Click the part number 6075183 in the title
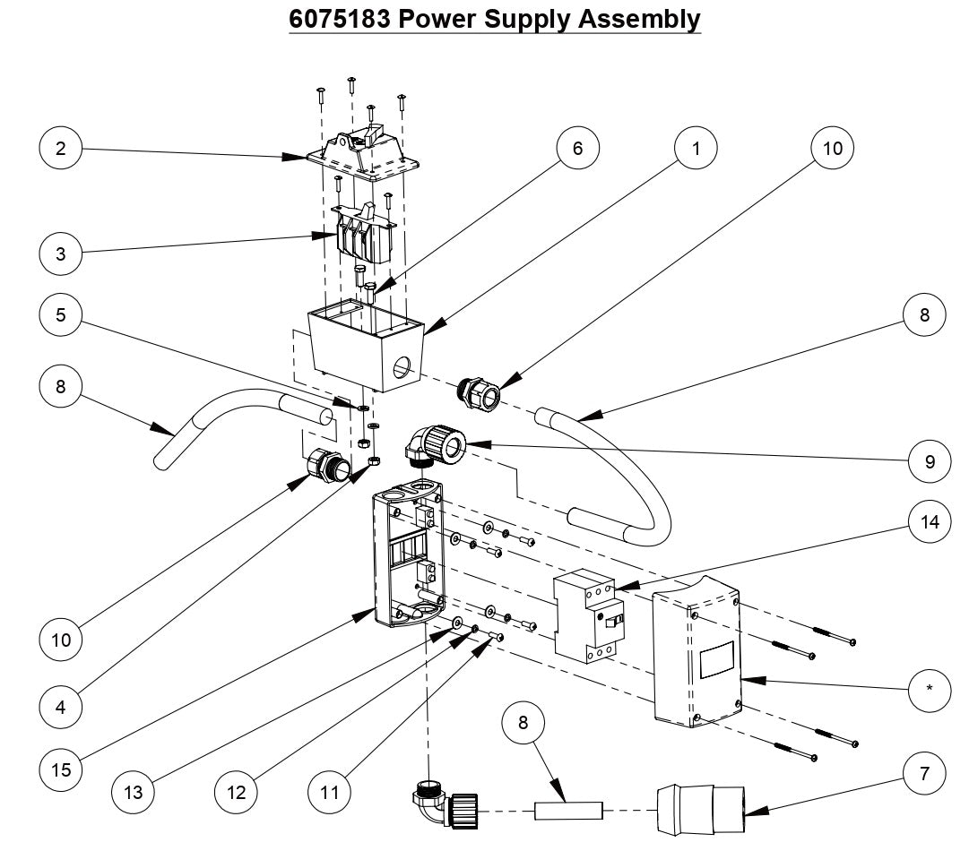point(339,18)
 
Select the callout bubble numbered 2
point(61,149)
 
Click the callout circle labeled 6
point(577,149)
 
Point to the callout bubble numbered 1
point(696,149)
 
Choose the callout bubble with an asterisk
point(930,688)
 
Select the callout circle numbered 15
point(61,769)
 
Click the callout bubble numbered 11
point(328,792)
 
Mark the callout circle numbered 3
point(61,254)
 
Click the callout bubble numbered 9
point(930,461)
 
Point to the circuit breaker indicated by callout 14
point(587,616)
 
